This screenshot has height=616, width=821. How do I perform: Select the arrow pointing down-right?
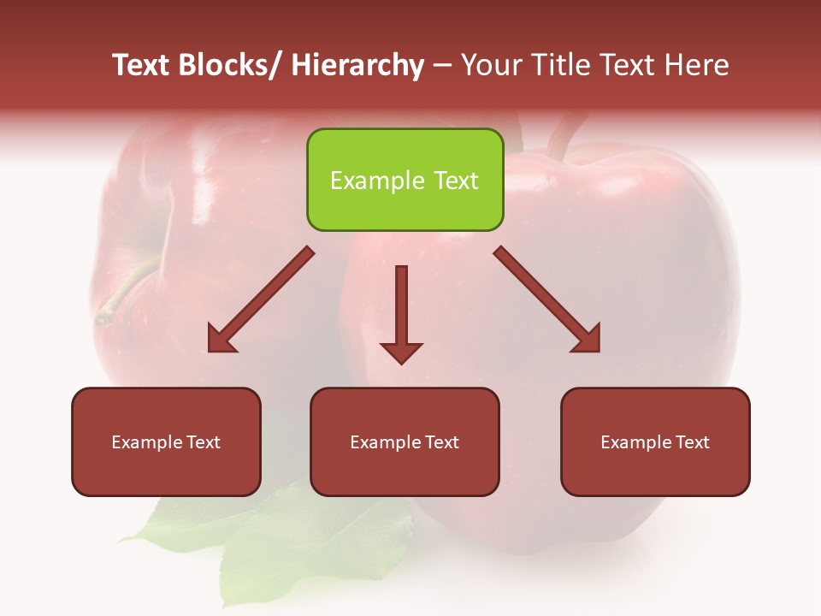coord(547,299)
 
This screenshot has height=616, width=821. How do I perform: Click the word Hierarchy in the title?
coord(357,66)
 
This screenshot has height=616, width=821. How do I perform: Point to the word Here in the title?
coord(698,66)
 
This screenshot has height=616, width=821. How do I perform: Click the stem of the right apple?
coord(564,137)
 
